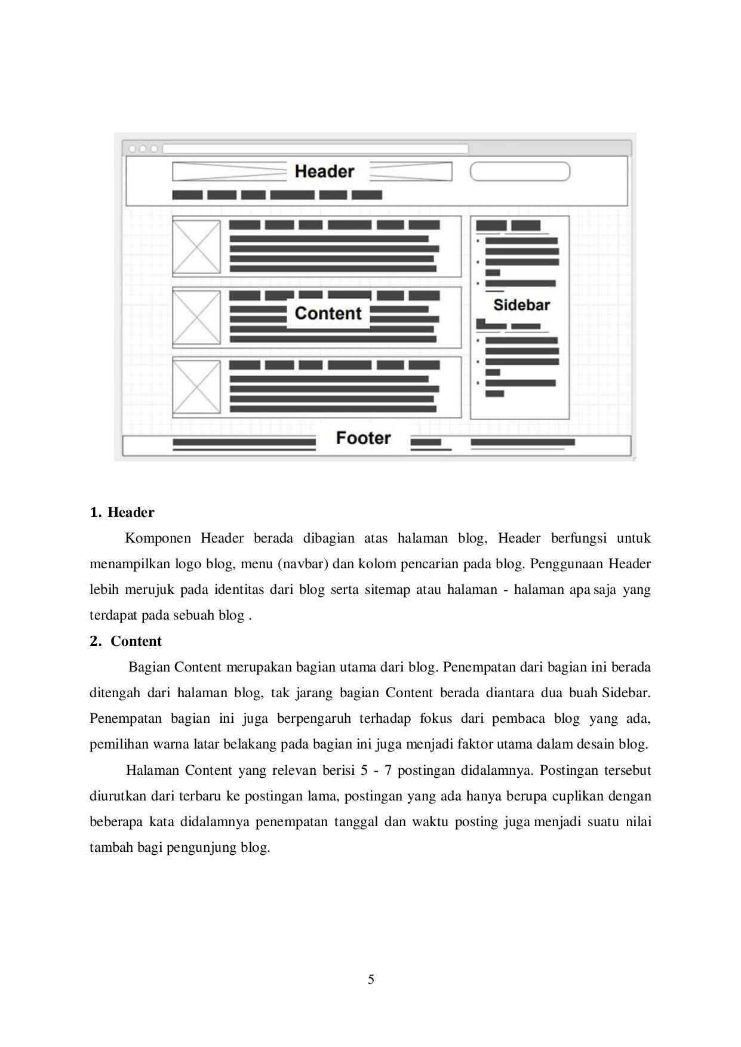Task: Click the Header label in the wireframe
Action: coord(324,171)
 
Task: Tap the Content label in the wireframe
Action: coord(328,313)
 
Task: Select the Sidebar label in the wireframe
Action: coord(521,305)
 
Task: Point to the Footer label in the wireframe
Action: coord(363,438)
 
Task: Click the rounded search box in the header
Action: coord(520,171)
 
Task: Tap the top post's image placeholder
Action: coord(196,247)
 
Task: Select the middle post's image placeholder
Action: coord(196,317)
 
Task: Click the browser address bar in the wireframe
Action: coord(315,149)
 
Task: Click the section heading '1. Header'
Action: coord(122,512)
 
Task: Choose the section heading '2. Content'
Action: coord(125,641)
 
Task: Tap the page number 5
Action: coord(371,979)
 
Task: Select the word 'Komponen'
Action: coord(158,538)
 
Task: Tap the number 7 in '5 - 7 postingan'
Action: coord(388,770)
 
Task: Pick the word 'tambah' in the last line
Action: coord(107,848)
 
